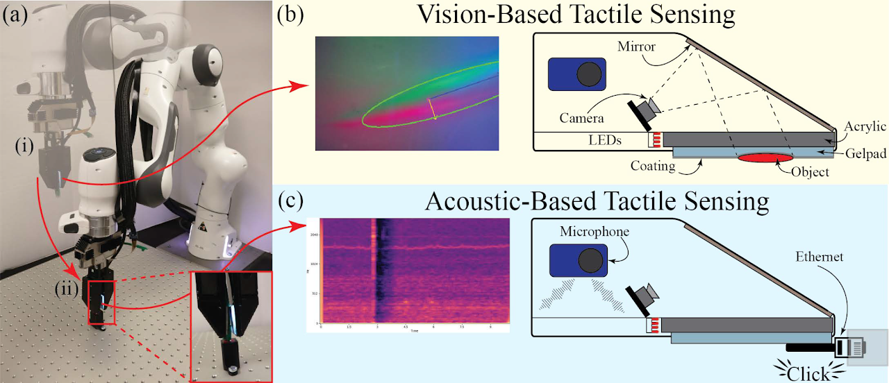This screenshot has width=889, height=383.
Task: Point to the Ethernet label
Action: (x=819, y=257)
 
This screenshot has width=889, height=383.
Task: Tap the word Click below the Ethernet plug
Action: (x=809, y=374)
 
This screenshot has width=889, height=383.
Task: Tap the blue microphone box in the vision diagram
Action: (x=577, y=73)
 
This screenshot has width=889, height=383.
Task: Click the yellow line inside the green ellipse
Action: (x=433, y=109)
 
